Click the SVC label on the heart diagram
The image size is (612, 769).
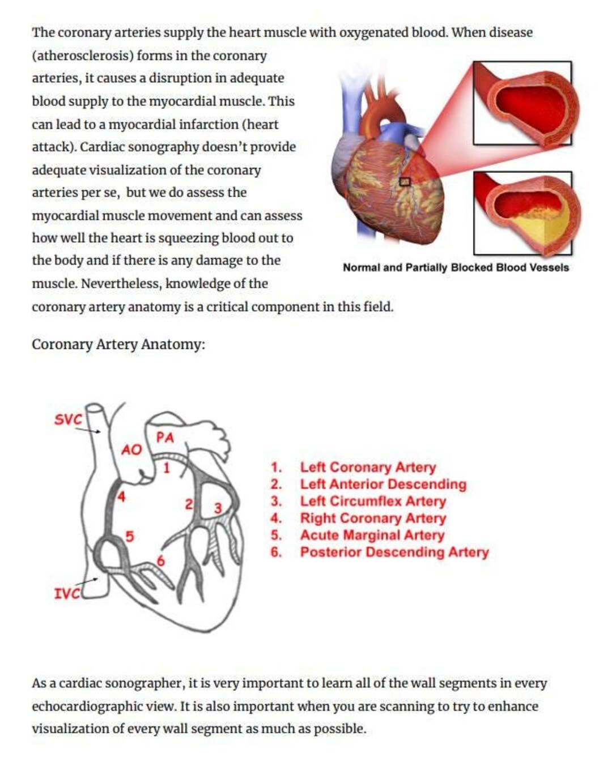(x=68, y=419)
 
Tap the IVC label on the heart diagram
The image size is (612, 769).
(x=66, y=593)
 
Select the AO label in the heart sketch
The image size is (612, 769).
(x=131, y=450)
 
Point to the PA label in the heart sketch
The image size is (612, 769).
(x=165, y=437)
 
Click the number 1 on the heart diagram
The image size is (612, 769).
(x=166, y=468)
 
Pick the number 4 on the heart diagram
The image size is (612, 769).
(x=121, y=497)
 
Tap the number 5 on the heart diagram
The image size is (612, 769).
(x=129, y=536)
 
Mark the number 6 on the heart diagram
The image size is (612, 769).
(x=160, y=561)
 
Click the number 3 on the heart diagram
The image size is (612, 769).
(x=218, y=508)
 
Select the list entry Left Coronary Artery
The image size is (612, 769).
(x=368, y=468)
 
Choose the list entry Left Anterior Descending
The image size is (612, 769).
(x=383, y=485)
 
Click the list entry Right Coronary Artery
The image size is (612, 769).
(x=373, y=519)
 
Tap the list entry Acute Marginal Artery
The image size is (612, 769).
(x=372, y=536)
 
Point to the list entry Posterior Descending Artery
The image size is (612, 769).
(x=394, y=553)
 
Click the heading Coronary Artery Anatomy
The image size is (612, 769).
(x=118, y=345)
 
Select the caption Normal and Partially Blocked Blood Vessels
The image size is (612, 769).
(x=456, y=267)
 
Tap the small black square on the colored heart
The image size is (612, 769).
(x=405, y=181)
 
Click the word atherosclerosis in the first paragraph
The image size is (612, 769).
(x=83, y=56)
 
